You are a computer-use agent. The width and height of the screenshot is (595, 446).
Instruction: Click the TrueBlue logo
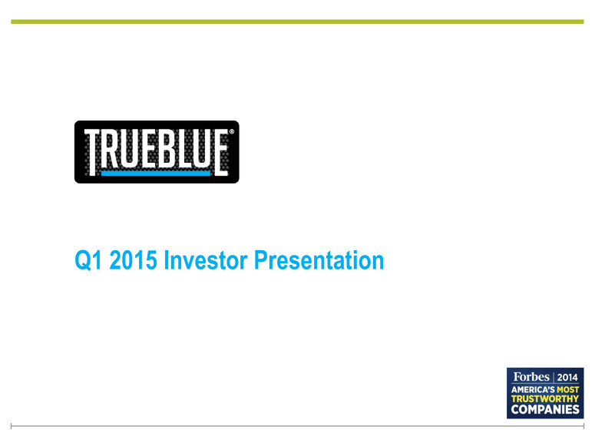click(x=157, y=152)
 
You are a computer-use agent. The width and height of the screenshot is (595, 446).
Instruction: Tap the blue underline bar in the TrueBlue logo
click(x=156, y=173)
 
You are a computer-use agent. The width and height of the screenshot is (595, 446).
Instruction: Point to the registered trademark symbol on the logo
click(x=231, y=132)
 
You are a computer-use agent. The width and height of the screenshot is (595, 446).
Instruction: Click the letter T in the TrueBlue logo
click(x=91, y=152)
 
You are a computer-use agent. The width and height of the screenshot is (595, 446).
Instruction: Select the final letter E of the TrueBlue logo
click(x=221, y=153)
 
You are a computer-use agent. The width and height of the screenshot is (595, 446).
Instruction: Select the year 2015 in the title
click(x=133, y=260)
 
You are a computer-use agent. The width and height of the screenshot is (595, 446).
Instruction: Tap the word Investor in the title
click(x=206, y=260)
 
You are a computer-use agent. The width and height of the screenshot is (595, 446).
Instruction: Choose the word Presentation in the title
click(x=319, y=260)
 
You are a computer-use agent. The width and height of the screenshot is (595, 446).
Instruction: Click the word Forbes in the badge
click(x=531, y=377)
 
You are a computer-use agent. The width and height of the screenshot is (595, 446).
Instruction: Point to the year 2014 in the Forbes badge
click(x=567, y=378)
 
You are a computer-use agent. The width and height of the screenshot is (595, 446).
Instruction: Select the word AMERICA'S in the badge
click(x=533, y=390)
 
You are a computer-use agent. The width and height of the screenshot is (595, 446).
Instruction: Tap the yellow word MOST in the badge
click(x=567, y=390)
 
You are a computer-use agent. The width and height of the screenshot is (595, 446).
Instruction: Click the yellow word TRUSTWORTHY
click(x=545, y=399)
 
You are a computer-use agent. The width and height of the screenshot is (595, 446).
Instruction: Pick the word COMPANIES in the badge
click(x=545, y=410)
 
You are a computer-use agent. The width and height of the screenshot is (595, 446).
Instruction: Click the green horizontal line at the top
click(x=298, y=21)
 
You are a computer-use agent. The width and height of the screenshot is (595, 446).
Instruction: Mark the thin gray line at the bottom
click(x=298, y=426)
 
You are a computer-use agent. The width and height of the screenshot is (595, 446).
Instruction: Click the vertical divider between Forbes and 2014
click(x=554, y=378)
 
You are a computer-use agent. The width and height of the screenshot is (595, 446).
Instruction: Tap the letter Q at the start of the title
click(x=82, y=261)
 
